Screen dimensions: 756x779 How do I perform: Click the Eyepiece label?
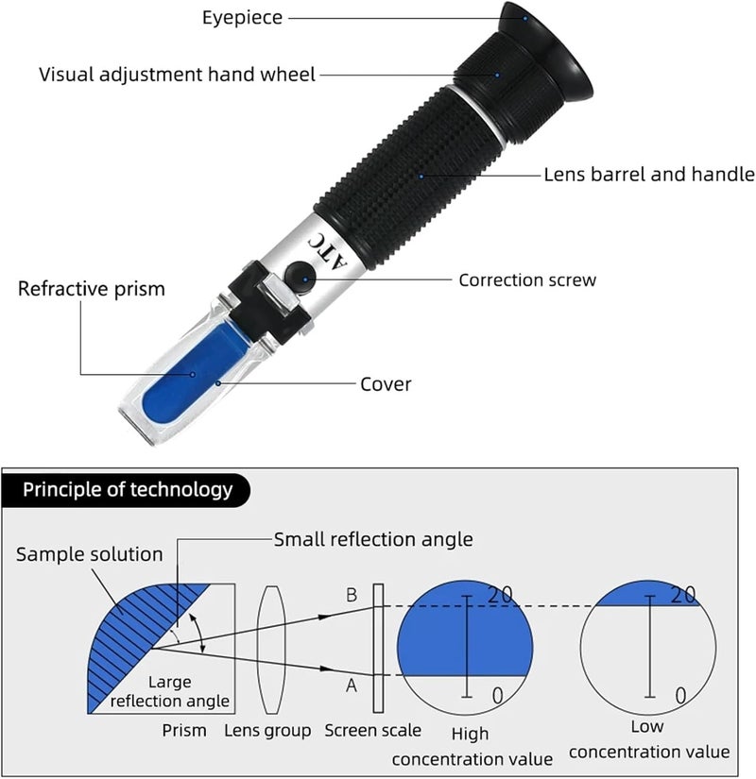(242, 18)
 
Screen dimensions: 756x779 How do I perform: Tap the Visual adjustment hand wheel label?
(177, 75)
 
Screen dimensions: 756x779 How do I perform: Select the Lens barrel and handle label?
(649, 175)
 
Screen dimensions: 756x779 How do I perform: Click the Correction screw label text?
(527, 280)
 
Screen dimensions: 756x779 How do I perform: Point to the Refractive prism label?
(92, 289)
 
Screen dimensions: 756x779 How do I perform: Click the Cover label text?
(386, 384)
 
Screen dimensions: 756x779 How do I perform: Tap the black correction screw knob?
(301, 277)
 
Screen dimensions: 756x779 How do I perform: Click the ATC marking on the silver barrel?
(327, 250)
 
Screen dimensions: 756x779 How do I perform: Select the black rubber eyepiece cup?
(546, 52)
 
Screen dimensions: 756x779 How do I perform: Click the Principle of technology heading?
(128, 489)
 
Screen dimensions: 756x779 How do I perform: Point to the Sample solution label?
(90, 554)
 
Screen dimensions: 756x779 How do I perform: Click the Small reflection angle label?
(373, 539)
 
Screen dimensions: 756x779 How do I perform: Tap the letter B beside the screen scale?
(352, 595)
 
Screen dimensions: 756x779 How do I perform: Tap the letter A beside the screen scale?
(352, 686)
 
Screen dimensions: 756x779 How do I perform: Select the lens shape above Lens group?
(271, 650)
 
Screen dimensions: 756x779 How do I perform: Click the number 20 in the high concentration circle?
(500, 595)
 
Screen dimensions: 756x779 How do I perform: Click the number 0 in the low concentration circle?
(681, 696)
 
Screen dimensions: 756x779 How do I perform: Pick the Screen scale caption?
(372, 730)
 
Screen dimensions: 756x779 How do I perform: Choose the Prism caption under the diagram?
(184, 730)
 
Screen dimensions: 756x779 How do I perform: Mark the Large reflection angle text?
(169, 691)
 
